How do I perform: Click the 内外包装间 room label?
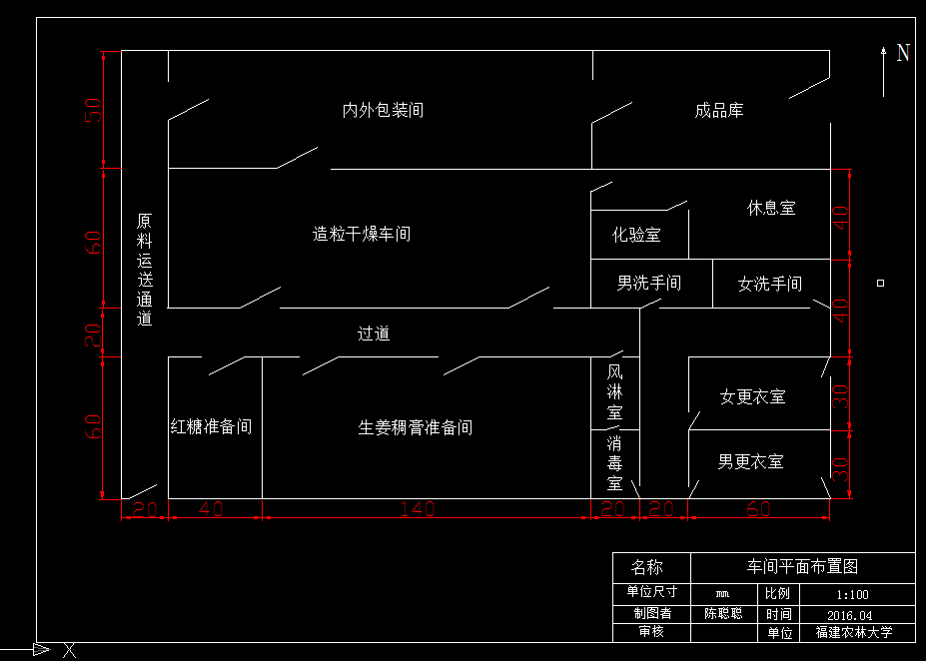383,110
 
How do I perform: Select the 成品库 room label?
719,110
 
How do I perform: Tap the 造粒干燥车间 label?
362,235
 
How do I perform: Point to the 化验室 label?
636,236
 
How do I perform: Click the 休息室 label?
771,209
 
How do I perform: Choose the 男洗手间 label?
648,284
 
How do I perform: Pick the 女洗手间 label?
769,285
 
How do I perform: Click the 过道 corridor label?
374,333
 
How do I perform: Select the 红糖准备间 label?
211,427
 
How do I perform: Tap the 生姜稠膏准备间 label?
416,428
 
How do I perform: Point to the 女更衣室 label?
752,397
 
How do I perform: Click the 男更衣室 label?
750,462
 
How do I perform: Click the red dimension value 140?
418,509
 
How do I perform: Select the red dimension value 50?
93,109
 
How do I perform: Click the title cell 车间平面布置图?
803,567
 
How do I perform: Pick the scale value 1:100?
852,594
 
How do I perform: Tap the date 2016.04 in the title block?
850,615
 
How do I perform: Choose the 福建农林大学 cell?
853,633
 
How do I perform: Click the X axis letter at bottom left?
69,651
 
